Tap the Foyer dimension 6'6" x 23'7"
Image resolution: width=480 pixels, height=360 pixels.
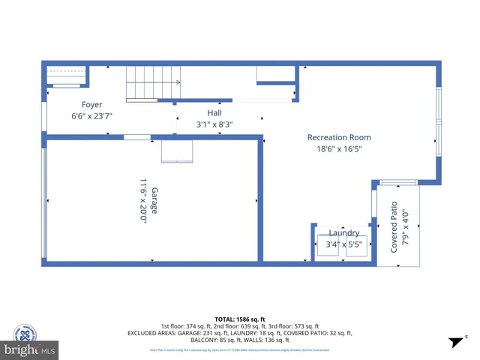(x=92, y=116)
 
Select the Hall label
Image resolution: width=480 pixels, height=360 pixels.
(x=214, y=112)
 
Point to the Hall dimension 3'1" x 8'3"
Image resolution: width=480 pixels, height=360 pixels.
(x=215, y=124)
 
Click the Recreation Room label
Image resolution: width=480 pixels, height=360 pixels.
(x=339, y=137)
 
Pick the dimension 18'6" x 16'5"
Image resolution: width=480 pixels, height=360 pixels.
(x=339, y=150)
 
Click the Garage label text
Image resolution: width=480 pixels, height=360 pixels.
(x=155, y=200)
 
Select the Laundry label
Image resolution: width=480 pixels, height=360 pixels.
(x=343, y=233)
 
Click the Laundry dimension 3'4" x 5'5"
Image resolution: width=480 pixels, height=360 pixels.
(x=345, y=244)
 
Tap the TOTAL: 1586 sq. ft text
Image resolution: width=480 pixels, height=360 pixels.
(x=239, y=319)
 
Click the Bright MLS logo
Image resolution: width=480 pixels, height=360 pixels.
(x=31, y=350)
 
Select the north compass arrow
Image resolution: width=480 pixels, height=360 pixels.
(x=454, y=342)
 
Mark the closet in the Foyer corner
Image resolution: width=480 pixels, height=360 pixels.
(x=67, y=76)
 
